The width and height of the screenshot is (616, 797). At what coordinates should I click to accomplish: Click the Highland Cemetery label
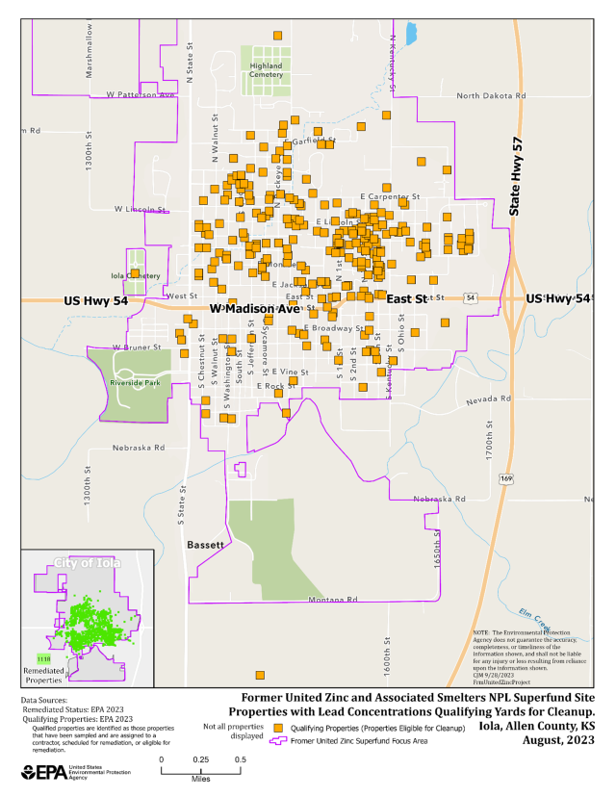[266, 70]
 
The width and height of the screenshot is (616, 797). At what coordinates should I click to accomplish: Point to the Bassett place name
[204, 546]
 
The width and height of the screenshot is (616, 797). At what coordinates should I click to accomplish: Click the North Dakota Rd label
[491, 96]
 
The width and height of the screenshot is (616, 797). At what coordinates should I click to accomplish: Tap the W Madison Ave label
[255, 308]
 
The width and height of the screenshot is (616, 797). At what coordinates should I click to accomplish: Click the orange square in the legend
[279, 728]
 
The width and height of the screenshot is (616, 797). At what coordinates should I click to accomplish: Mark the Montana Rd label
[332, 601]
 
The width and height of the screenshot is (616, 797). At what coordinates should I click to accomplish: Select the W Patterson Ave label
[141, 95]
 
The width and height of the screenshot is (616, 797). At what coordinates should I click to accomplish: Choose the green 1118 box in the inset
[42, 657]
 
